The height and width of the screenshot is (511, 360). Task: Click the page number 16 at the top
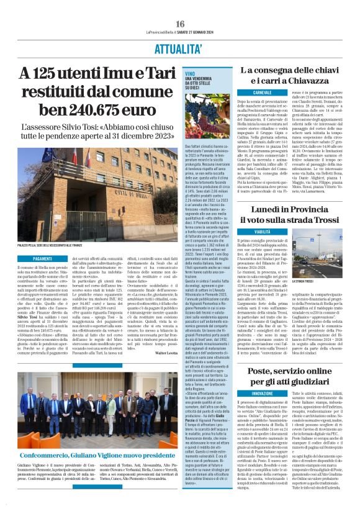tap(180, 24)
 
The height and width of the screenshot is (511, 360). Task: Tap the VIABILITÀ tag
tap(245, 231)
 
